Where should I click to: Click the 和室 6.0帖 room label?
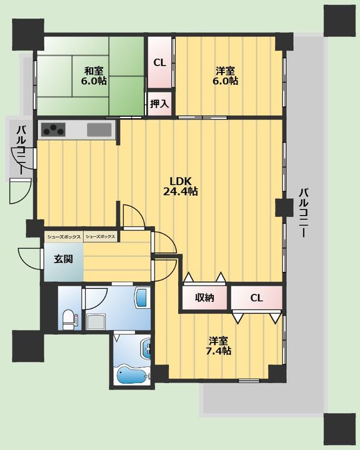pos(94,76)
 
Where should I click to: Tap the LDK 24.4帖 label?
pos(181,186)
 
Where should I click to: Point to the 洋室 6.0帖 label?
pos(225,76)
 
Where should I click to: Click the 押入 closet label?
pos(159,104)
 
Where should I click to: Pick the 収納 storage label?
pos(205,297)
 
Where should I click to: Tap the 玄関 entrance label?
pos(64,259)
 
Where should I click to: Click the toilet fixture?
pos(69,319)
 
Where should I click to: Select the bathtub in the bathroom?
pos(132,374)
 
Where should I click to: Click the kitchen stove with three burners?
pos(53,129)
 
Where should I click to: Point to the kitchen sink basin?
pos(99,129)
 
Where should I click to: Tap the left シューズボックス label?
pos(64,237)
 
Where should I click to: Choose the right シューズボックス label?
pos(101,237)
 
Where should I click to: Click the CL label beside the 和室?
pos(159,62)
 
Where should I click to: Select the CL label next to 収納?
pos(256,298)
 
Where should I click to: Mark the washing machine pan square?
pos(96,321)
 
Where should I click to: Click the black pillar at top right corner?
pos(339,21)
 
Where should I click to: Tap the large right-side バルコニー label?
pos(303,212)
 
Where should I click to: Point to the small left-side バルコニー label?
pos(22,150)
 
